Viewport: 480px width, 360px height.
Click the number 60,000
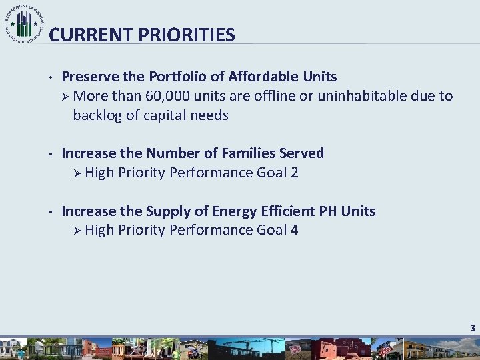click(x=167, y=96)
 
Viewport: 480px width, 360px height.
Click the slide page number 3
click(x=472, y=328)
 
